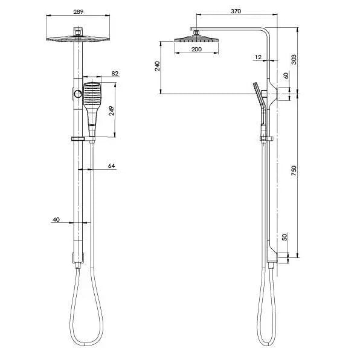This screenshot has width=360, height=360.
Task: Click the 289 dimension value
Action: click(77, 11)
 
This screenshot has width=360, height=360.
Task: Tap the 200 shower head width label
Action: click(196, 50)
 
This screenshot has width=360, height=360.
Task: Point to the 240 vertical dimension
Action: click(157, 66)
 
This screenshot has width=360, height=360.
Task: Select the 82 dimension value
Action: click(115, 74)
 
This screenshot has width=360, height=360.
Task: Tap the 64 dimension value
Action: click(111, 166)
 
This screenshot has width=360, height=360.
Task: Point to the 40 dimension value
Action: click(56, 220)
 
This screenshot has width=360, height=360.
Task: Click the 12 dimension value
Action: click(258, 57)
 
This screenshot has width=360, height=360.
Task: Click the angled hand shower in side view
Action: click(260, 103)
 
